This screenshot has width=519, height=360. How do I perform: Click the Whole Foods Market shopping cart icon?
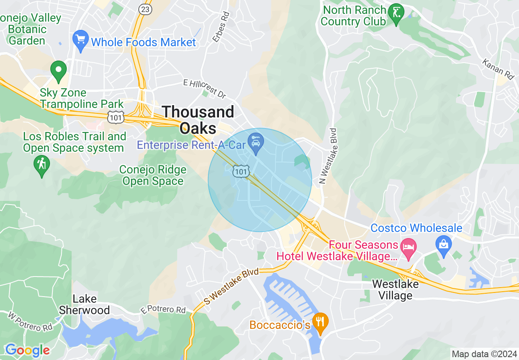tap(81, 40)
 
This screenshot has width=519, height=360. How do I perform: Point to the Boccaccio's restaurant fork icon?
tap(320, 323)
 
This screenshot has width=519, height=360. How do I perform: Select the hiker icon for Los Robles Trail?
tap(41, 165)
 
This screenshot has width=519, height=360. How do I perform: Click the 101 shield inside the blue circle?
tap(241, 171)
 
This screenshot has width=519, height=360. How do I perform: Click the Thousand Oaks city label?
tap(199, 119)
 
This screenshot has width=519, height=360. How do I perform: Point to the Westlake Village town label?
tap(395, 290)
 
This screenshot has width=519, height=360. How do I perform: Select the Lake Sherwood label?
tap(84, 304)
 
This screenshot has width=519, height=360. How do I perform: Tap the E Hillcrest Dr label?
tap(204, 89)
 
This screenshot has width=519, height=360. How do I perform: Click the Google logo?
tap(27, 350)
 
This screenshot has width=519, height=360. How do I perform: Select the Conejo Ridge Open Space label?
tap(153, 175)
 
